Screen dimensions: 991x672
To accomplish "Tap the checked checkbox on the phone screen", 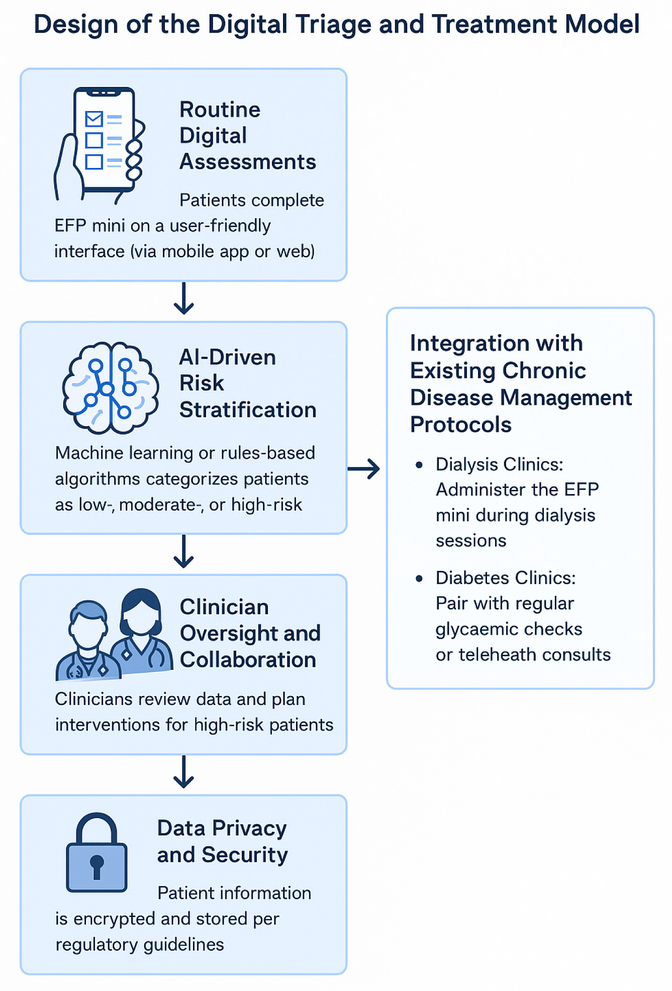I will click(94, 119).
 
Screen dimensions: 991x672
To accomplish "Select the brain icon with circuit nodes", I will click(111, 387).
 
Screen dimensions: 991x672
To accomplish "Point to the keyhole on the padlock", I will click(97, 865).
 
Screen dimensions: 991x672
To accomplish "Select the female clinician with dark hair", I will click(142, 631).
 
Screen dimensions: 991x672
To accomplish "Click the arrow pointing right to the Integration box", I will click(363, 469).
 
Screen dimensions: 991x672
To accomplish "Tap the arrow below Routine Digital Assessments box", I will click(184, 299).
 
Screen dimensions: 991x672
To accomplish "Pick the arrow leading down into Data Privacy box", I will click(184, 772).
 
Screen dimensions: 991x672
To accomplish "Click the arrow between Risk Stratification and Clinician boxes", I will click(184, 551).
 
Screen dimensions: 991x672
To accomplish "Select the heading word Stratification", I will click(248, 410).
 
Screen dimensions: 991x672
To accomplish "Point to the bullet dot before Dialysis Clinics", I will click(419, 465).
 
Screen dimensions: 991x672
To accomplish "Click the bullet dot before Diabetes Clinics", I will click(419, 579).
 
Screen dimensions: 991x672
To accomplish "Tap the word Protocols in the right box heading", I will click(460, 425).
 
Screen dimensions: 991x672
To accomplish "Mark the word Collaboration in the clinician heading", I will click(248, 660).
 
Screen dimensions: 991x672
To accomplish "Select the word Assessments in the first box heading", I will click(248, 162).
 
